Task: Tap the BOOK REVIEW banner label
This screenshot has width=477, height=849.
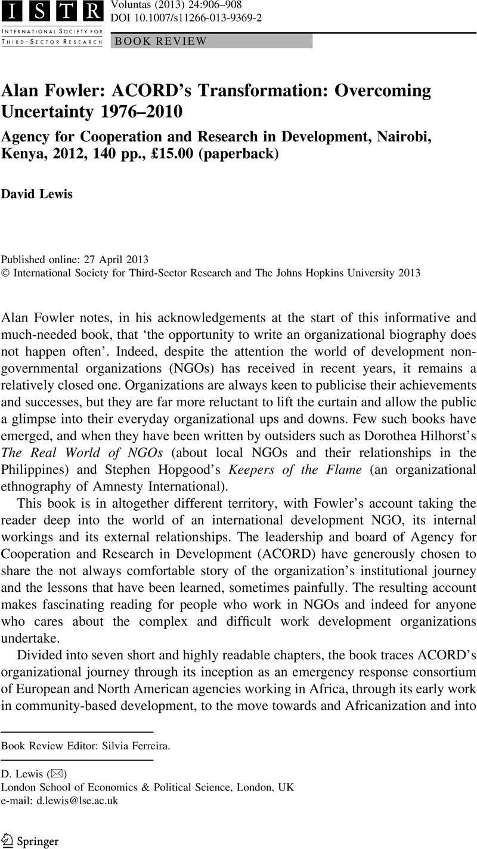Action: click(x=161, y=41)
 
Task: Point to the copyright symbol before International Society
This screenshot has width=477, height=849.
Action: click(x=6, y=273)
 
